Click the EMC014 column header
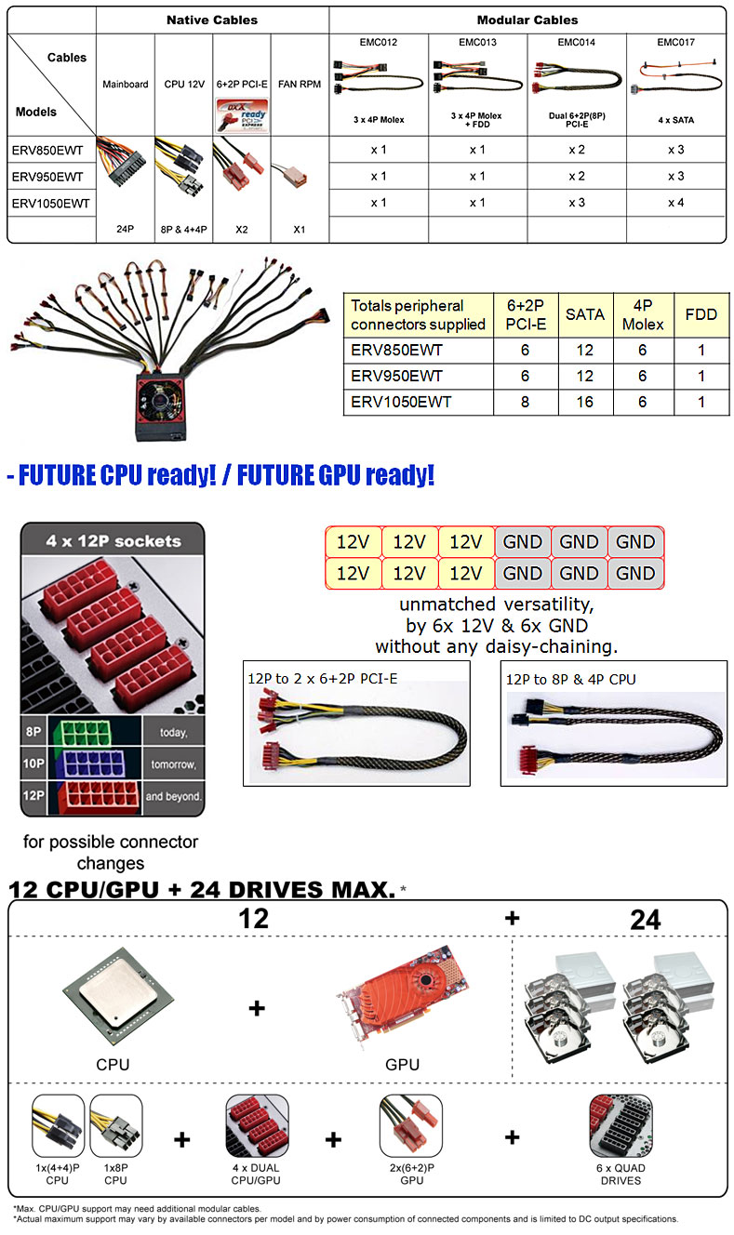576,43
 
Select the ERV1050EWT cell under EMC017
675,203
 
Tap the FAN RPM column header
300,85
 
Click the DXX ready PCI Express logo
242,115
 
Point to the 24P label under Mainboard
126,229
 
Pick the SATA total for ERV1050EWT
584,402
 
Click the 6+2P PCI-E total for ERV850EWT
525,350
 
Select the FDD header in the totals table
701,314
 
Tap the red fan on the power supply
161,401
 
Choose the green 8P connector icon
84,732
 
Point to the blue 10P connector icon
93,764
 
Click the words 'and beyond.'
173,796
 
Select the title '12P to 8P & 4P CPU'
571,679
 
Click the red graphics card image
402,997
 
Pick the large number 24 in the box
646,920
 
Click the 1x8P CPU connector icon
115,1125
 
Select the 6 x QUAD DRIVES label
621,1175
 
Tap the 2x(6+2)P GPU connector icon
411,1125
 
